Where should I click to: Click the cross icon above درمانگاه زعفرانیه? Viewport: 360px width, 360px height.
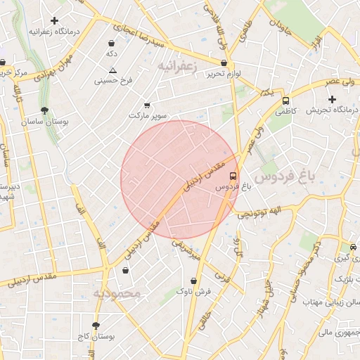[x=54, y=20]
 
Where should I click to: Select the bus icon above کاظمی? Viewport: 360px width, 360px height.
[x=286, y=101]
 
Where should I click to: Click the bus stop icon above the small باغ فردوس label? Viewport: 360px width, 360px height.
[x=233, y=176]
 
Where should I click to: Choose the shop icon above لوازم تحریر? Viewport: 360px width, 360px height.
[x=224, y=63]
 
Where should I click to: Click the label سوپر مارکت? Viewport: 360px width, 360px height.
[x=146, y=114]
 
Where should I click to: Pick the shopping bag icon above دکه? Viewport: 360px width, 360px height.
[x=111, y=43]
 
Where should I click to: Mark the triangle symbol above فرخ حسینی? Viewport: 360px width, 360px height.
[x=112, y=70]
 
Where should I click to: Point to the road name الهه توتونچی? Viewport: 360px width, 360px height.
[x=260, y=212]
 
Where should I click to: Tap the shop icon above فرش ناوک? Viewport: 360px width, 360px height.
[x=193, y=281]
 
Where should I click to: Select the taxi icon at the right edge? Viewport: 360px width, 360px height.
[x=352, y=247]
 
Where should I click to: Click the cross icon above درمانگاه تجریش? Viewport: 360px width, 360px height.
[x=332, y=99]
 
